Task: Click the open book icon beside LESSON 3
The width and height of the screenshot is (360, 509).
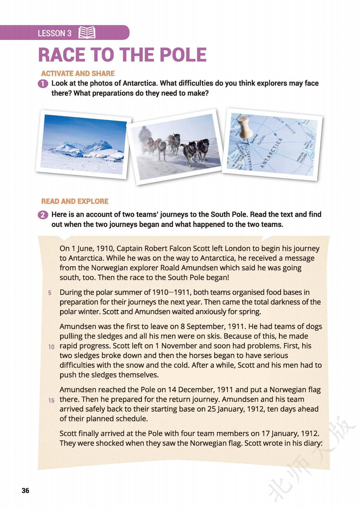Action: [87, 33]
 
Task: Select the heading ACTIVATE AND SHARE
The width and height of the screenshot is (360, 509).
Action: [78, 73]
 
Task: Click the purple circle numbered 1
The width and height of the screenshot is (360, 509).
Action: [43, 84]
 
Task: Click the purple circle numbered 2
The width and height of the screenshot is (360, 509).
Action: [43, 215]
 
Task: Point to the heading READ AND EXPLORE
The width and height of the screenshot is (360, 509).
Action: [75, 201]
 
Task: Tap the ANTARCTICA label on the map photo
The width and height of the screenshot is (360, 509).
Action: [271, 153]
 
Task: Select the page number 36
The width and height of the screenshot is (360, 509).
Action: [26, 490]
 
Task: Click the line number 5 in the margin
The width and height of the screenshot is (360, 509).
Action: [50, 293]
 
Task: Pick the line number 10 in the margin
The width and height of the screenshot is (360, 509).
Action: [51, 347]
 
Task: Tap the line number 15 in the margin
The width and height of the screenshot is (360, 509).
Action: [51, 400]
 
